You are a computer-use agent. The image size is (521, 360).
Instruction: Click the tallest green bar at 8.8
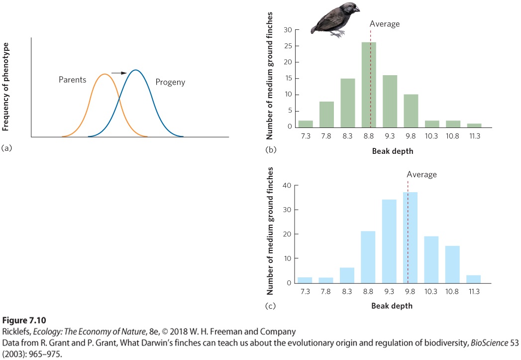369,85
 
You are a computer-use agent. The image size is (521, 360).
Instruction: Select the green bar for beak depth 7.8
326,115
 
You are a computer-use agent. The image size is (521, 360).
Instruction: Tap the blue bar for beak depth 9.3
389,241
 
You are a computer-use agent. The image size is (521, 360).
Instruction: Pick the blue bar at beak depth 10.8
452,264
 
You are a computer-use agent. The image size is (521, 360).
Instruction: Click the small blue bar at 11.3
474,279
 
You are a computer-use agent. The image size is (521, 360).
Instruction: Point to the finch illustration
335,19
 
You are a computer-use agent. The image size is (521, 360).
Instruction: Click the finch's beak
356,9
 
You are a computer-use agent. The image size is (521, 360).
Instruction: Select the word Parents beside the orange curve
73,80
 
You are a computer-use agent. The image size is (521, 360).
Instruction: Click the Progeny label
170,82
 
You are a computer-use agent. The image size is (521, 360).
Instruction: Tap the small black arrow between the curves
119,73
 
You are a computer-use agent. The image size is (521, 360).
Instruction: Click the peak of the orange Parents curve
104,74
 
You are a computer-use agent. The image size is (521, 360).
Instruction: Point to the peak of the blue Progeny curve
135,70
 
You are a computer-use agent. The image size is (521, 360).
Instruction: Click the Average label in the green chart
385,24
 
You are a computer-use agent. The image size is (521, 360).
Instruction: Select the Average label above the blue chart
421,174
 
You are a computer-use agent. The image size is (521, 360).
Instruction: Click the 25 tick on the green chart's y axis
288,46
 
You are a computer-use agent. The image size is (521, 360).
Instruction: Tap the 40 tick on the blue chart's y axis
287,186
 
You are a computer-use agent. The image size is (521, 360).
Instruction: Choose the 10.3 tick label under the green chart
431,136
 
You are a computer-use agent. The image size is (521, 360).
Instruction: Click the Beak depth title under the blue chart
392,306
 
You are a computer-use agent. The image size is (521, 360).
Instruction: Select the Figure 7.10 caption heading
24,321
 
